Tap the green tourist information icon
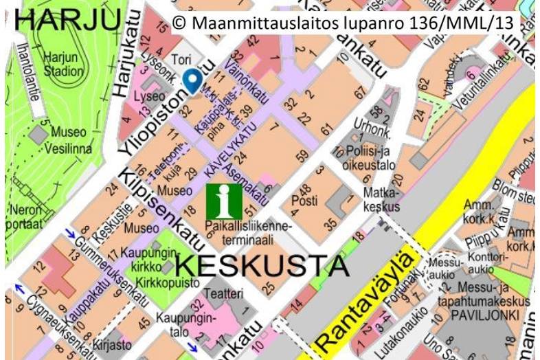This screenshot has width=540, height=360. tap(224, 201)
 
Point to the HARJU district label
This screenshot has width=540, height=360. tap(66, 20)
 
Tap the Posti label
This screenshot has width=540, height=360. tap(304, 201)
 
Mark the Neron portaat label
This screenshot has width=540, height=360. tap(23, 216)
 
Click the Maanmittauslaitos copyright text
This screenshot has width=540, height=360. tap(343, 23)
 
